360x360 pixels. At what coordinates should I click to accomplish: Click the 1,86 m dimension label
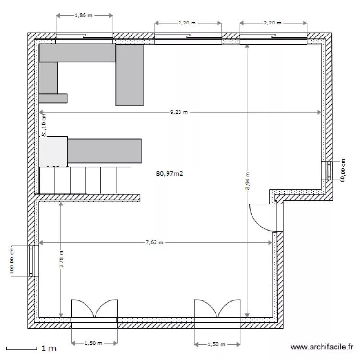(84, 16)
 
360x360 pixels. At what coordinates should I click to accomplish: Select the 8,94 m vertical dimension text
(247, 181)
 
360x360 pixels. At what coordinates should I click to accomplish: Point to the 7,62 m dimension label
(155, 243)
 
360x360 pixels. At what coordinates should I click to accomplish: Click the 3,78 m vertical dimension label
(61, 260)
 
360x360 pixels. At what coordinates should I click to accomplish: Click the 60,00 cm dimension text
(343, 170)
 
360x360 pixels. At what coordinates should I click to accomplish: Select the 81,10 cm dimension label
(44, 126)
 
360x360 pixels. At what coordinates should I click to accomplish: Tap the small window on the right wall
(329, 170)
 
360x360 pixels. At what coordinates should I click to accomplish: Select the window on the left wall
(33, 261)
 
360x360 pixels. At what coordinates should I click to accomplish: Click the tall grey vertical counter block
(130, 74)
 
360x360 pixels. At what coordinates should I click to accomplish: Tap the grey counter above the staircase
(105, 151)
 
